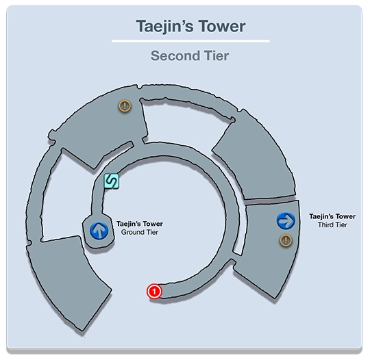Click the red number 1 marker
(154, 292)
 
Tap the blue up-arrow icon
(99, 231)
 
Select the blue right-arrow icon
(286, 220)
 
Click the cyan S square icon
(112, 181)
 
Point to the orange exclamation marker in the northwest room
(125, 106)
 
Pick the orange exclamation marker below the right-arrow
(286, 240)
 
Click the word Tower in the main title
(221, 26)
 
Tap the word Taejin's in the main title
(165, 27)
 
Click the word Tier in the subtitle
(217, 56)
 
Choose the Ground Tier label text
(140, 232)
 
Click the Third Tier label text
(332, 225)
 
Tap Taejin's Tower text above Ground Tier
(140, 224)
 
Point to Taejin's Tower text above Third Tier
(332, 216)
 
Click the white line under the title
(190, 41)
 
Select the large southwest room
(69, 278)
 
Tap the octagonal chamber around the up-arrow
(99, 231)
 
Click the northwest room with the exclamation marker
(99, 127)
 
